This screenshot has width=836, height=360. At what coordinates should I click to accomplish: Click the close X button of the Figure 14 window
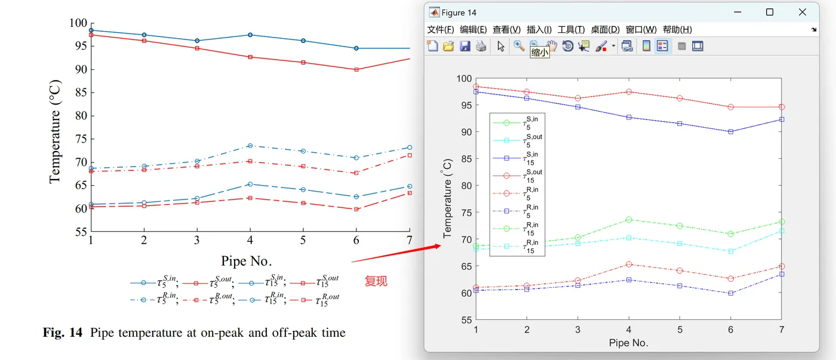point(802,13)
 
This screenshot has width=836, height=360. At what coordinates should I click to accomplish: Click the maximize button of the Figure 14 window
point(770,13)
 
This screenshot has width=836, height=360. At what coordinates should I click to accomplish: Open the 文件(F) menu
point(441,29)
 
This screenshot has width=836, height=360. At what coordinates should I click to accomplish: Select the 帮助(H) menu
point(677,29)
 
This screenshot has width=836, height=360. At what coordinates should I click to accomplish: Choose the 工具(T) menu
point(571,29)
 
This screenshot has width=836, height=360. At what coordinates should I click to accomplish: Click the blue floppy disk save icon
point(465,46)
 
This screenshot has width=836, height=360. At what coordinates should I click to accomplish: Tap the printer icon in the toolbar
point(481,46)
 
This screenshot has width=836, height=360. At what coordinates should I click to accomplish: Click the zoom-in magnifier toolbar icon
point(518,46)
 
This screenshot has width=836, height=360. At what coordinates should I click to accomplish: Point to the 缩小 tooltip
point(540,53)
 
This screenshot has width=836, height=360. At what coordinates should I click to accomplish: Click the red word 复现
point(376,281)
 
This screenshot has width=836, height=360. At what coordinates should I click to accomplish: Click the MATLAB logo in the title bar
point(434,13)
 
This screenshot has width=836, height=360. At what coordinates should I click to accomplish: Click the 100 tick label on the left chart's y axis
point(78,23)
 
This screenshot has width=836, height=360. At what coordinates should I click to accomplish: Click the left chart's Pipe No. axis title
point(247,261)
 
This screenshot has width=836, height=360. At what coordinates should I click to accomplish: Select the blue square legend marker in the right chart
point(506,158)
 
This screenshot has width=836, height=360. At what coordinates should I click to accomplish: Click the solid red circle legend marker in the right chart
point(506,176)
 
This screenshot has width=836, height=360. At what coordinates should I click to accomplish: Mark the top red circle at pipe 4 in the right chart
point(629,92)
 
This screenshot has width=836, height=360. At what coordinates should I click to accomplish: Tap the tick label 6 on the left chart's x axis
point(356,239)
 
